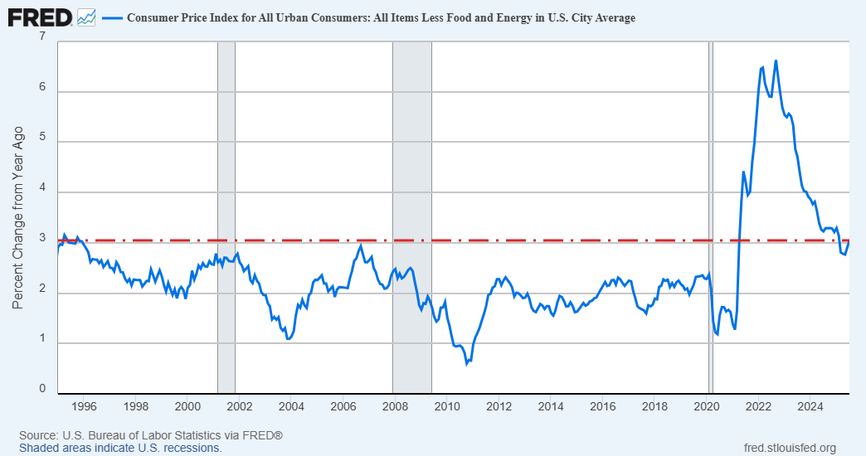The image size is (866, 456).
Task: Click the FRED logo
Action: (38, 17)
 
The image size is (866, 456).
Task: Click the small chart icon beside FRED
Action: (85, 17)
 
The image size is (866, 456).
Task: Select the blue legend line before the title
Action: (111, 17)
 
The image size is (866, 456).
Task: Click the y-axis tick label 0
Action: (42, 388)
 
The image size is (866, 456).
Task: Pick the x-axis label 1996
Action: (84, 406)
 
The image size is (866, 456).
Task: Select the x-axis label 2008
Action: (395, 406)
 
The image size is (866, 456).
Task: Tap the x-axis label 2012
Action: (499, 406)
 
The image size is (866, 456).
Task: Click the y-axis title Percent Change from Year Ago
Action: (18, 217)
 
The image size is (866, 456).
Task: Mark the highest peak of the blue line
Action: (776, 61)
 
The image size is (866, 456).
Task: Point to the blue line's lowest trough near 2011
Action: (467, 363)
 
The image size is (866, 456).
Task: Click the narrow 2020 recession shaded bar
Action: (710, 216)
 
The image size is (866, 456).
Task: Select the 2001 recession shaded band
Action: (226, 216)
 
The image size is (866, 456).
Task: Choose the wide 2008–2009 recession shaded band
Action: (411, 216)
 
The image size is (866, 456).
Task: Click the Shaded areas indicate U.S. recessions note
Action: (120, 448)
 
